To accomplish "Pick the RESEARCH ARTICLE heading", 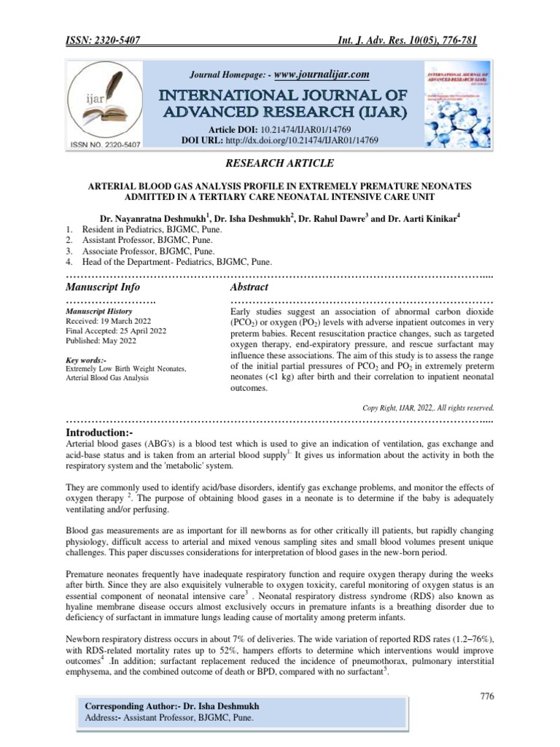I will [x=279, y=171].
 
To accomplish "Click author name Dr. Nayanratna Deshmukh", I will [x=152, y=218].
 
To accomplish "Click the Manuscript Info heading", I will [x=103, y=287].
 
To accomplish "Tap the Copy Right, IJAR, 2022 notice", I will [x=429, y=408].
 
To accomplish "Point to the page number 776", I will [x=487, y=697].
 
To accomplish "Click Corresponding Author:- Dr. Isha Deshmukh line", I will [x=172, y=707].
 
